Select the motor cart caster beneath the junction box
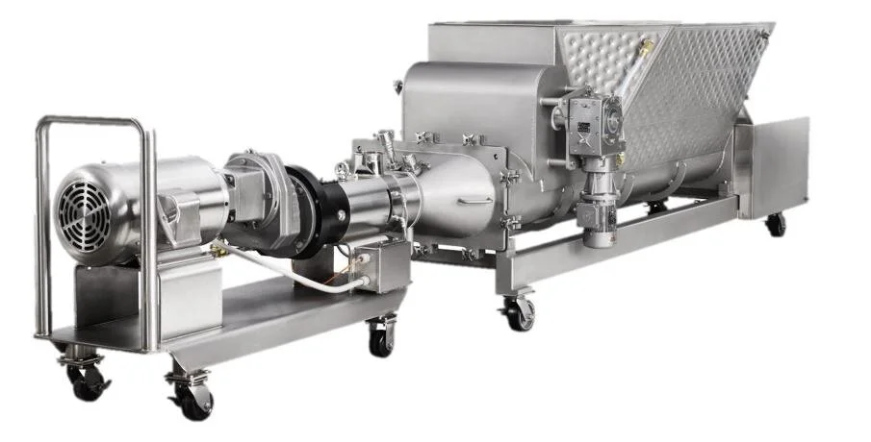381,336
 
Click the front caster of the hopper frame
520,311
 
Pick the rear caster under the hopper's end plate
775,223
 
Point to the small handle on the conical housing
474,202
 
